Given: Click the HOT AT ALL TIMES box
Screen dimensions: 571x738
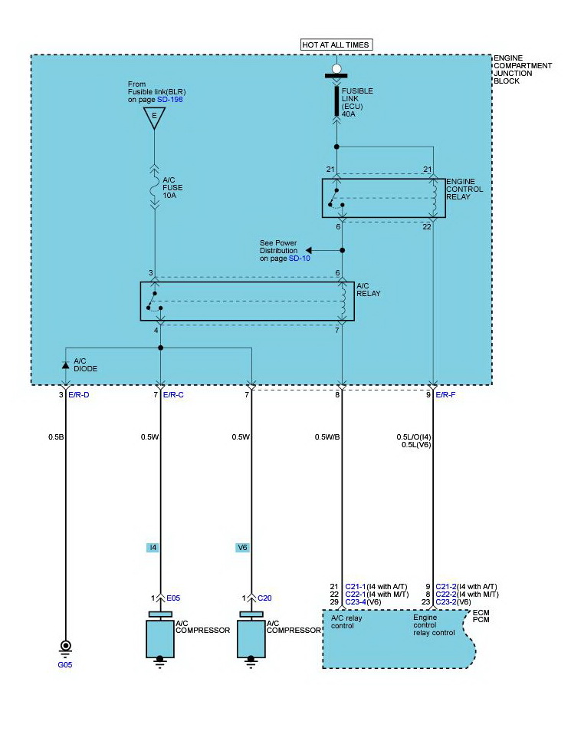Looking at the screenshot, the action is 336,44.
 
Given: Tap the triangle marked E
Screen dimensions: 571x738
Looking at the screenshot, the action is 154,117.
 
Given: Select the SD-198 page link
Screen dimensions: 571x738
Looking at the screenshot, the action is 170,99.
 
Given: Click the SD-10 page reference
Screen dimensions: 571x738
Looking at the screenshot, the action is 300,259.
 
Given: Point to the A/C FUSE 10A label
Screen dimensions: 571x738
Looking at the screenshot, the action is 172,187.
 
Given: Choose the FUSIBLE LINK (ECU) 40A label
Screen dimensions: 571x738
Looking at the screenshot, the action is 357,102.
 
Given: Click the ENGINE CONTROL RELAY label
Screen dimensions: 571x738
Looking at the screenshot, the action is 464,189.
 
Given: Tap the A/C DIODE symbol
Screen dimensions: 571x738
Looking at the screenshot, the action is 65,365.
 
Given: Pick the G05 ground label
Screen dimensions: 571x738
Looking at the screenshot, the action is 65,664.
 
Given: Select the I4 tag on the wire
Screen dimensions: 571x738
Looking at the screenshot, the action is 153,548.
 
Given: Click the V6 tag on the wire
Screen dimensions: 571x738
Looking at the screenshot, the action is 242,548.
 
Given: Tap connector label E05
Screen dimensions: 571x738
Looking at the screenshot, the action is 173,598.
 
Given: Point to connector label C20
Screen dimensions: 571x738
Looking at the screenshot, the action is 264,598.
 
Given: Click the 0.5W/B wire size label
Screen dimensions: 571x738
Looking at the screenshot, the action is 327,437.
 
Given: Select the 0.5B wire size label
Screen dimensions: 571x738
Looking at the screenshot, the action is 56,437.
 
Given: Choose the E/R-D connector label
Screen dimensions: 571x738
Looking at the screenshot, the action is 78,394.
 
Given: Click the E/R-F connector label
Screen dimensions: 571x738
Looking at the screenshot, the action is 445,394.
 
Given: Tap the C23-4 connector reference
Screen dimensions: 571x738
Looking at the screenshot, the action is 356,601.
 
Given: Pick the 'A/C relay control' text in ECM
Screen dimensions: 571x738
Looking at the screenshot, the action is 346,621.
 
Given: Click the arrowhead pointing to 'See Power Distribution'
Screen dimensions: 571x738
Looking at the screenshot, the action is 309,250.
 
